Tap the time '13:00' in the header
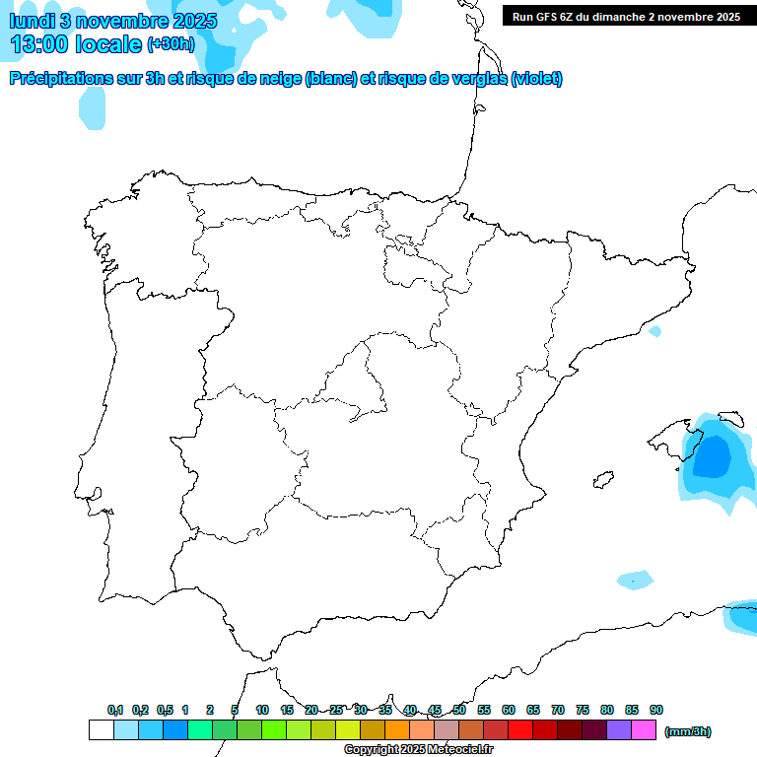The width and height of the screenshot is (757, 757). coord(40,44)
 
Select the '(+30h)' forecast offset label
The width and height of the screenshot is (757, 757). coord(171,44)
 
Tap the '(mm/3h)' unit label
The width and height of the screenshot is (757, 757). coord(687,731)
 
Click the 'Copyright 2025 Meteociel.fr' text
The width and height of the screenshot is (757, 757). coord(418,750)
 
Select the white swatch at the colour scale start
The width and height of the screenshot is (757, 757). coord(101,730)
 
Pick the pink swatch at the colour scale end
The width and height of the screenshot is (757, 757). coord(644,730)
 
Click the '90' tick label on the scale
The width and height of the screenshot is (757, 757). coord(656,710)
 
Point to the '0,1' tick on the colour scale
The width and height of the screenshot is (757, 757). coord(115,710)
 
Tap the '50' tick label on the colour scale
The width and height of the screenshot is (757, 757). coord(459,710)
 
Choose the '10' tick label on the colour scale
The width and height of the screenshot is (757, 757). coord(262,710)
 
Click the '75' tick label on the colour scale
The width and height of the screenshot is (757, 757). coord(583,710)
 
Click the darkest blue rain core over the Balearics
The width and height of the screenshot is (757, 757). coord(712,456)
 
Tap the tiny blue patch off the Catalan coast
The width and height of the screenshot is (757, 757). coord(654,332)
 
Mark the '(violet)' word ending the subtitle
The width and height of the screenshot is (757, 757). coord(536,79)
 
